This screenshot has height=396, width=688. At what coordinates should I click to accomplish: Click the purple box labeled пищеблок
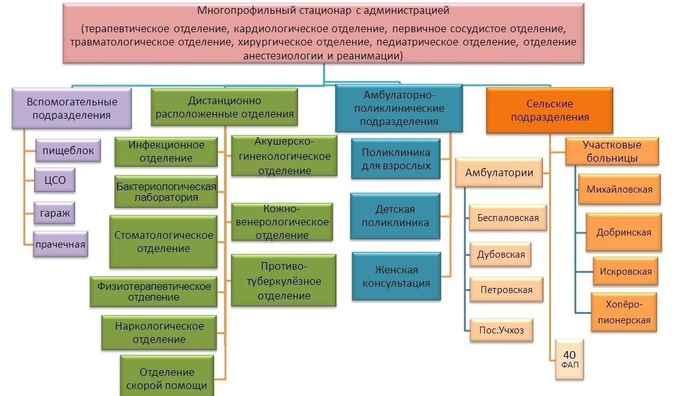tap(68, 150)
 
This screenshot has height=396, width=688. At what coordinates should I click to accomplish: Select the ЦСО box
tap(55, 180)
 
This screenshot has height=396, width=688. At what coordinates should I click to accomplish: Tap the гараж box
tap(55, 213)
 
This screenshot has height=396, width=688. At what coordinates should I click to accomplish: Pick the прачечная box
tap(61, 244)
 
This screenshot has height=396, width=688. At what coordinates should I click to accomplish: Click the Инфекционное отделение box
tap(166, 152)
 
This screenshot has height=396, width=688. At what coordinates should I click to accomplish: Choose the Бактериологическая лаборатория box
tap(166, 191)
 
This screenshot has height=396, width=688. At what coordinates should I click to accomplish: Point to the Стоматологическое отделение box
tap(163, 241)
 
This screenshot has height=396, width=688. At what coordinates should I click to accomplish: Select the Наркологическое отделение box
tap(159, 332)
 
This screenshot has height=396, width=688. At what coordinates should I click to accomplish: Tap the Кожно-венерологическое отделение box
tap(282, 222)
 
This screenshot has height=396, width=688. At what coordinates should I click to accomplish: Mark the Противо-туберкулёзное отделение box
tap(283, 280)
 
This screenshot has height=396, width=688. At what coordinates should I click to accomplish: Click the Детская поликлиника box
tap(395, 215)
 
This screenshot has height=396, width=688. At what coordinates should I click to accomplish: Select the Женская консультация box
tap(396, 276)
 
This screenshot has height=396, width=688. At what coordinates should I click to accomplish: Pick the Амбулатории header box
tap(499, 172)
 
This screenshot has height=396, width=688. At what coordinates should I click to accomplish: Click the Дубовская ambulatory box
tap(501, 255)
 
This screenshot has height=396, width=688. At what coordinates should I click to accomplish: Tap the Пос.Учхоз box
tap(501, 330)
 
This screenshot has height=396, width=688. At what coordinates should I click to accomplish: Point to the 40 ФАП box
tap(569, 359)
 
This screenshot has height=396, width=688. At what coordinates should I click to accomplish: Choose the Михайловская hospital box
tap(619, 189)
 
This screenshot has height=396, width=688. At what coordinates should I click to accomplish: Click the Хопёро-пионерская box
tap(624, 312)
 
